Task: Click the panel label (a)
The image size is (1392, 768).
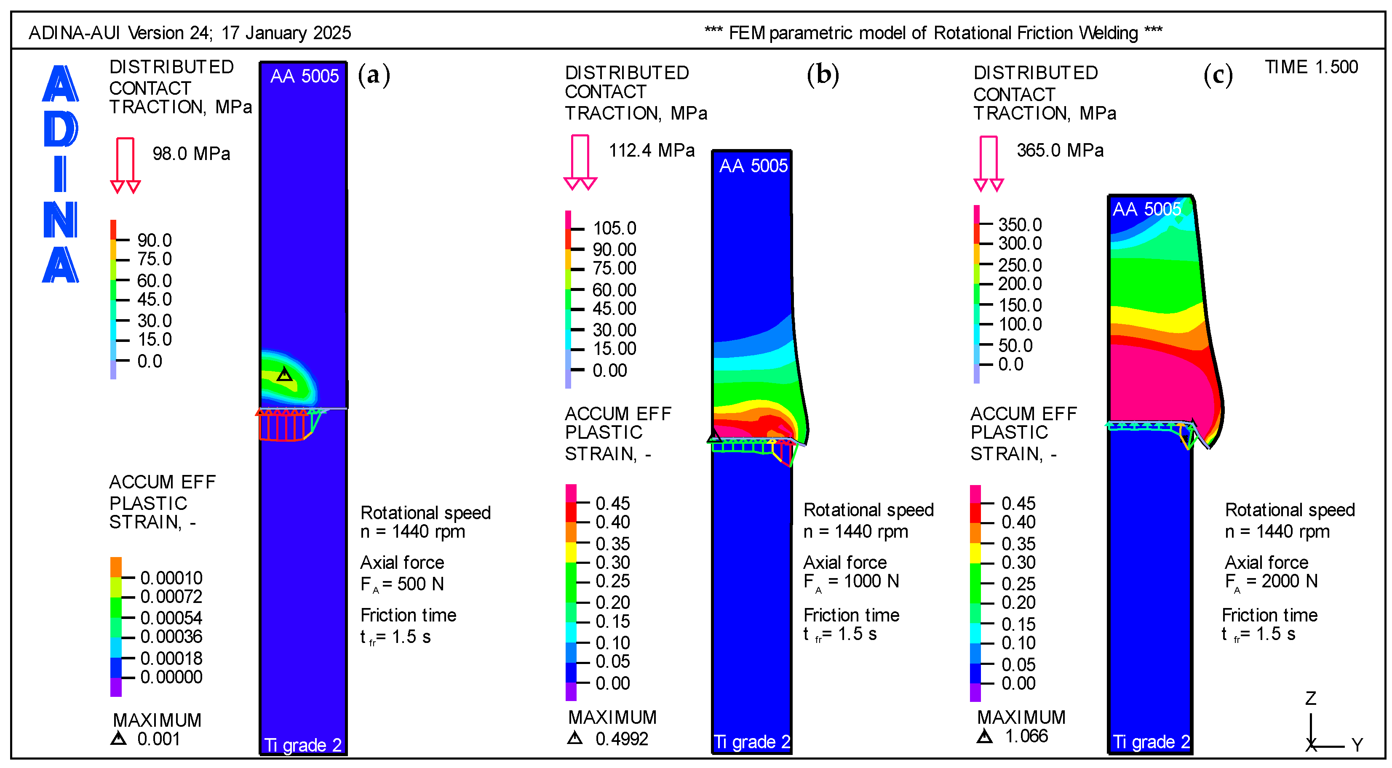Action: [x=374, y=75]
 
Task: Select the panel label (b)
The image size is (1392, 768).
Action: [x=823, y=75]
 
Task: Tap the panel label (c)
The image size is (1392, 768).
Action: [x=1218, y=75]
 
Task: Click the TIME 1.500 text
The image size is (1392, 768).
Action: [x=1311, y=67]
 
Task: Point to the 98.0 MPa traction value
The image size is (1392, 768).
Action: [x=191, y=154]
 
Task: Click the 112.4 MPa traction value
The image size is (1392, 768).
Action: [x=652, y=151]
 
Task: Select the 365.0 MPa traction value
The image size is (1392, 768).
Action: [x=1060, y=151]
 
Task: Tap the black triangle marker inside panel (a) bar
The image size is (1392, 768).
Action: [x=284, y=374]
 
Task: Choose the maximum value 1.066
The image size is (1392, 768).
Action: [x=1026, y=736]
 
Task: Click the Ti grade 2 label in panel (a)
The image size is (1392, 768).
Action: [x=302, y=745]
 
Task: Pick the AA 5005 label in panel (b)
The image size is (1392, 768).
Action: [x=753, y=166]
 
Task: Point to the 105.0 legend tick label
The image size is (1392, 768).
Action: [x=615, y=229]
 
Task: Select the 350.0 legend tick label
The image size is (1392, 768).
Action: [x=1020, y=225]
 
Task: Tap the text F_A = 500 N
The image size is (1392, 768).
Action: [x=402, y=584]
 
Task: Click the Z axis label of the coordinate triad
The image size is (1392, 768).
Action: [x=1310, y=699]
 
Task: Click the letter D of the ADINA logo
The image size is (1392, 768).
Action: [x=61, y=130]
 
